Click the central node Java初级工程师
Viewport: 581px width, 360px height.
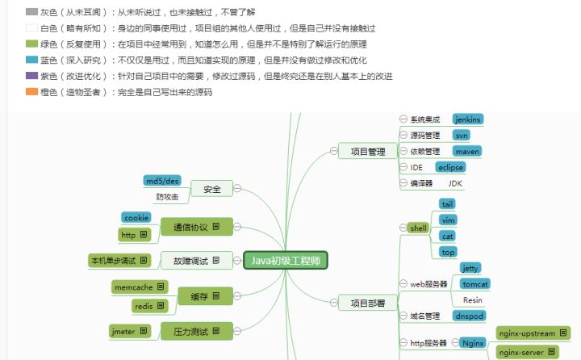(x=285, y=260)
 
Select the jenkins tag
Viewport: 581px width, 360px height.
(x=468, y=119)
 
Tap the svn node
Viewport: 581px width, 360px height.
(x=461, y=135)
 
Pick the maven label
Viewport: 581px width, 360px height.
(x=467, y=151)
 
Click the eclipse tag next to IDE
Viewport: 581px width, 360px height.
(x=450, y=167)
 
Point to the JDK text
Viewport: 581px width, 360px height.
(x=454, y=183)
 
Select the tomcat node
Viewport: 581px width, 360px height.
(x=474, y=283)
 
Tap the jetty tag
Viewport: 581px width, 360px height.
(x=470, y=267)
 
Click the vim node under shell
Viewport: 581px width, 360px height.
(x=448, y=220)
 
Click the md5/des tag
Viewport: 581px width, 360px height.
(x=161, y=180)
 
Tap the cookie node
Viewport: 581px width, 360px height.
(x=136, y=218)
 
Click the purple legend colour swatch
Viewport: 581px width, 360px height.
(x=31, y=75)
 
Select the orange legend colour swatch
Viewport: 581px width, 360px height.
(x=31, y=91)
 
